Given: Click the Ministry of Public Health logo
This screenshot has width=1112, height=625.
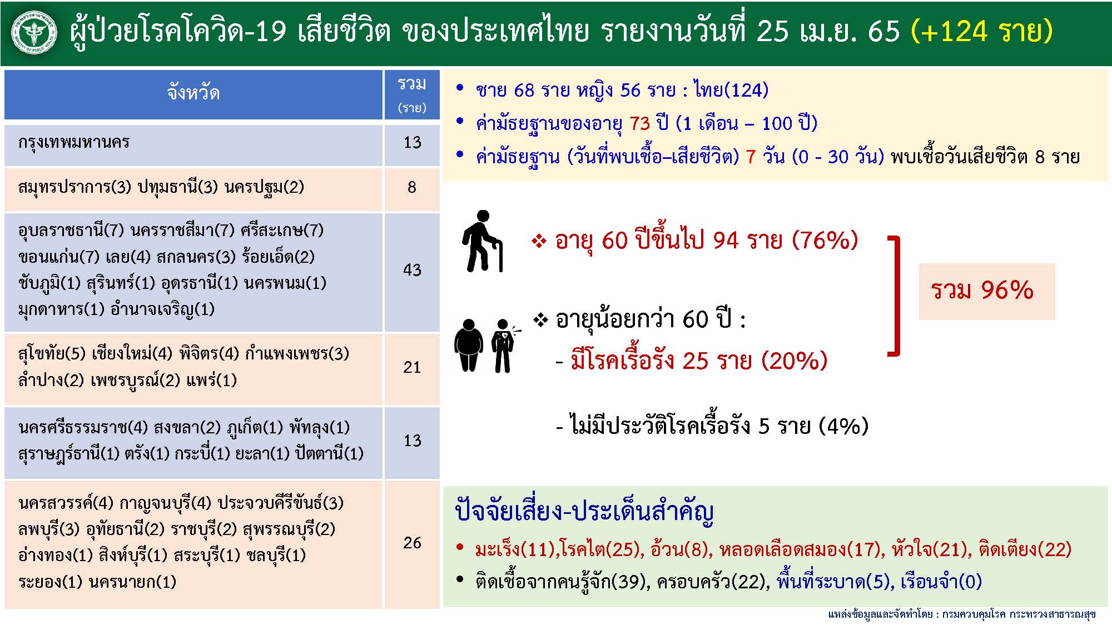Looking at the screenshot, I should pos(34,33).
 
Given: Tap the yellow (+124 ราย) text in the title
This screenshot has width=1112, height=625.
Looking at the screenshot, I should pos(982,32).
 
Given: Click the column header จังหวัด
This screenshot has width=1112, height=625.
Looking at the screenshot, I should pos(193,93).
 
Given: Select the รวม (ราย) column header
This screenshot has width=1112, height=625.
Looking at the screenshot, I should pos(411,94).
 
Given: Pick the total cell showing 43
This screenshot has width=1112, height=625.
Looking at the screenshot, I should pos(412,271).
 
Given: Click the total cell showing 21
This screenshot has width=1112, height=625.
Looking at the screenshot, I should pos(412,367).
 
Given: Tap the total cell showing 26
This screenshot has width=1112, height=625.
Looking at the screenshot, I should pos(412,543).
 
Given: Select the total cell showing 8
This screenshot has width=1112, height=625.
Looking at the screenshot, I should pos(412,187).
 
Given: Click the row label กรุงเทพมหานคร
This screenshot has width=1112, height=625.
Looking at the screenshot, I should pos(74,143).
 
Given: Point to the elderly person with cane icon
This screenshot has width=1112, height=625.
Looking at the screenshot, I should pos(481,241).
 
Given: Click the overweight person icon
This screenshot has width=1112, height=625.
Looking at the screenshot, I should pos(468,345).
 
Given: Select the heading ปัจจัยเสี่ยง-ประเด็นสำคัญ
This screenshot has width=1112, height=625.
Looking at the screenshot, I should pos(584,511).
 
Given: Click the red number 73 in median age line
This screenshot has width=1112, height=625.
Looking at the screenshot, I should pos(639,123).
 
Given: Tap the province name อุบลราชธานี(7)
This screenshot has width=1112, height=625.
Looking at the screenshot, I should pos(71,230).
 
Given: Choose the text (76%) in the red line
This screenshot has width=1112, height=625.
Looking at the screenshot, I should pos(825,241).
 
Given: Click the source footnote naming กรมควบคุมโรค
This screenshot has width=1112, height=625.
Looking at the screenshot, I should pos(962,614).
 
